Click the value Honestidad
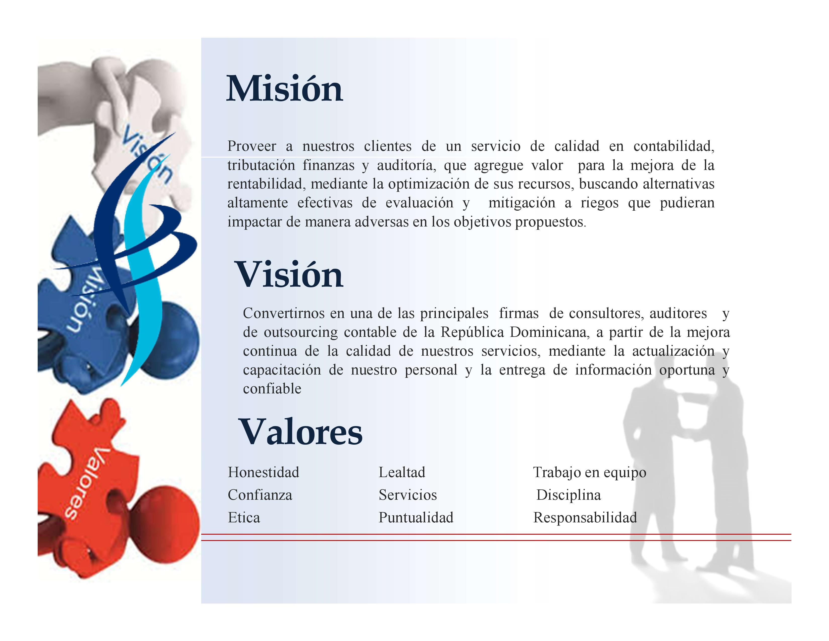pyautogui.click(x=264, y=472)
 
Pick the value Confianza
pyautogui.click(x=260, y=495)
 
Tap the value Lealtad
pyautogui.click(x=402, y=472)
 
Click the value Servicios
pyautogui.click(x=408, y=495)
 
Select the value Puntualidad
pyautogui.click(x=416, y=517)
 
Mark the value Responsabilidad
pyautogui.click(x=585, y=518)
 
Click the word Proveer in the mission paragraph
pyautogui.click(x=252, y=146)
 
